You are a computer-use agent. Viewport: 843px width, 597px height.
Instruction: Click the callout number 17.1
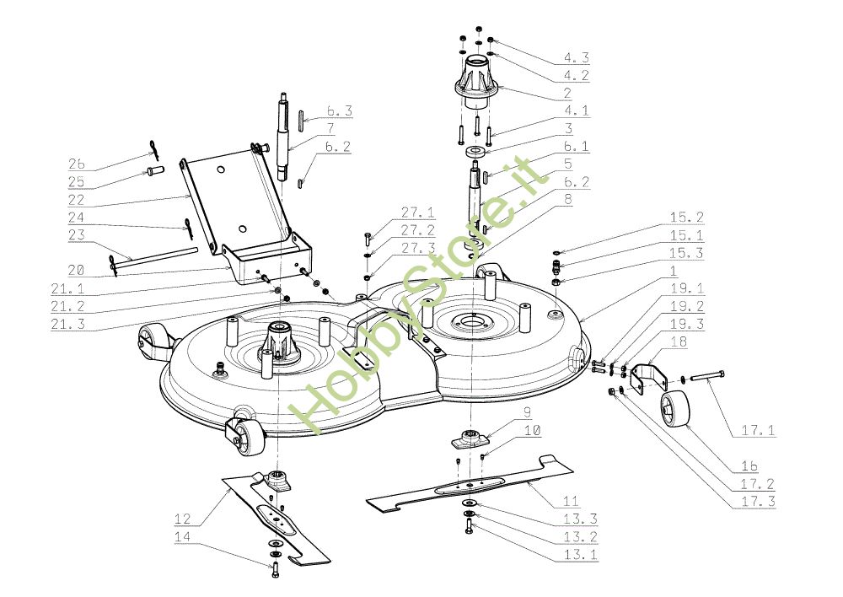point(758,430)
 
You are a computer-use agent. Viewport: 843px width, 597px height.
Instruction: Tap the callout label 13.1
point(580,555)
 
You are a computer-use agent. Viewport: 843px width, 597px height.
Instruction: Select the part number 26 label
point(77,164)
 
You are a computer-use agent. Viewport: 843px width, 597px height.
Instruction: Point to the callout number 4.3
point(576,57)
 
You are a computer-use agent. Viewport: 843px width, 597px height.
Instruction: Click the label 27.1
point(418,212)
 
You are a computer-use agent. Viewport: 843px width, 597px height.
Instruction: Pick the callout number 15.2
point(686,218)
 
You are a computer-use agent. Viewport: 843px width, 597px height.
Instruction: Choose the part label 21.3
point(67,324)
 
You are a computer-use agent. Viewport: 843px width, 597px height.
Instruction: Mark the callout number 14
point(182,537)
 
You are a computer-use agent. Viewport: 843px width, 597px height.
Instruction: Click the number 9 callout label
point(527,412)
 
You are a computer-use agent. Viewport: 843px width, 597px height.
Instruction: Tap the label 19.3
point(686,324)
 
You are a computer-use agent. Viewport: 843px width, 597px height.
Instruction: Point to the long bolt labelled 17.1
point(704,376)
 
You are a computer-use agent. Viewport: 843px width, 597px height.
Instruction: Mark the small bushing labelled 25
point(154,173)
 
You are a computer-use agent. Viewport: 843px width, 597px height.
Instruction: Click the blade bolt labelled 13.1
point(468,526)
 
